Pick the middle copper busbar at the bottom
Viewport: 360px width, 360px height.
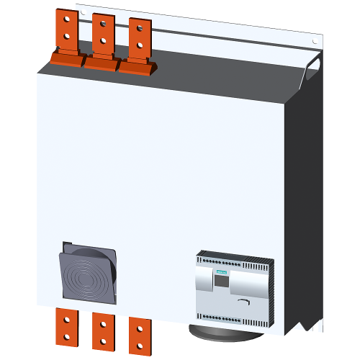point(103,330)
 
